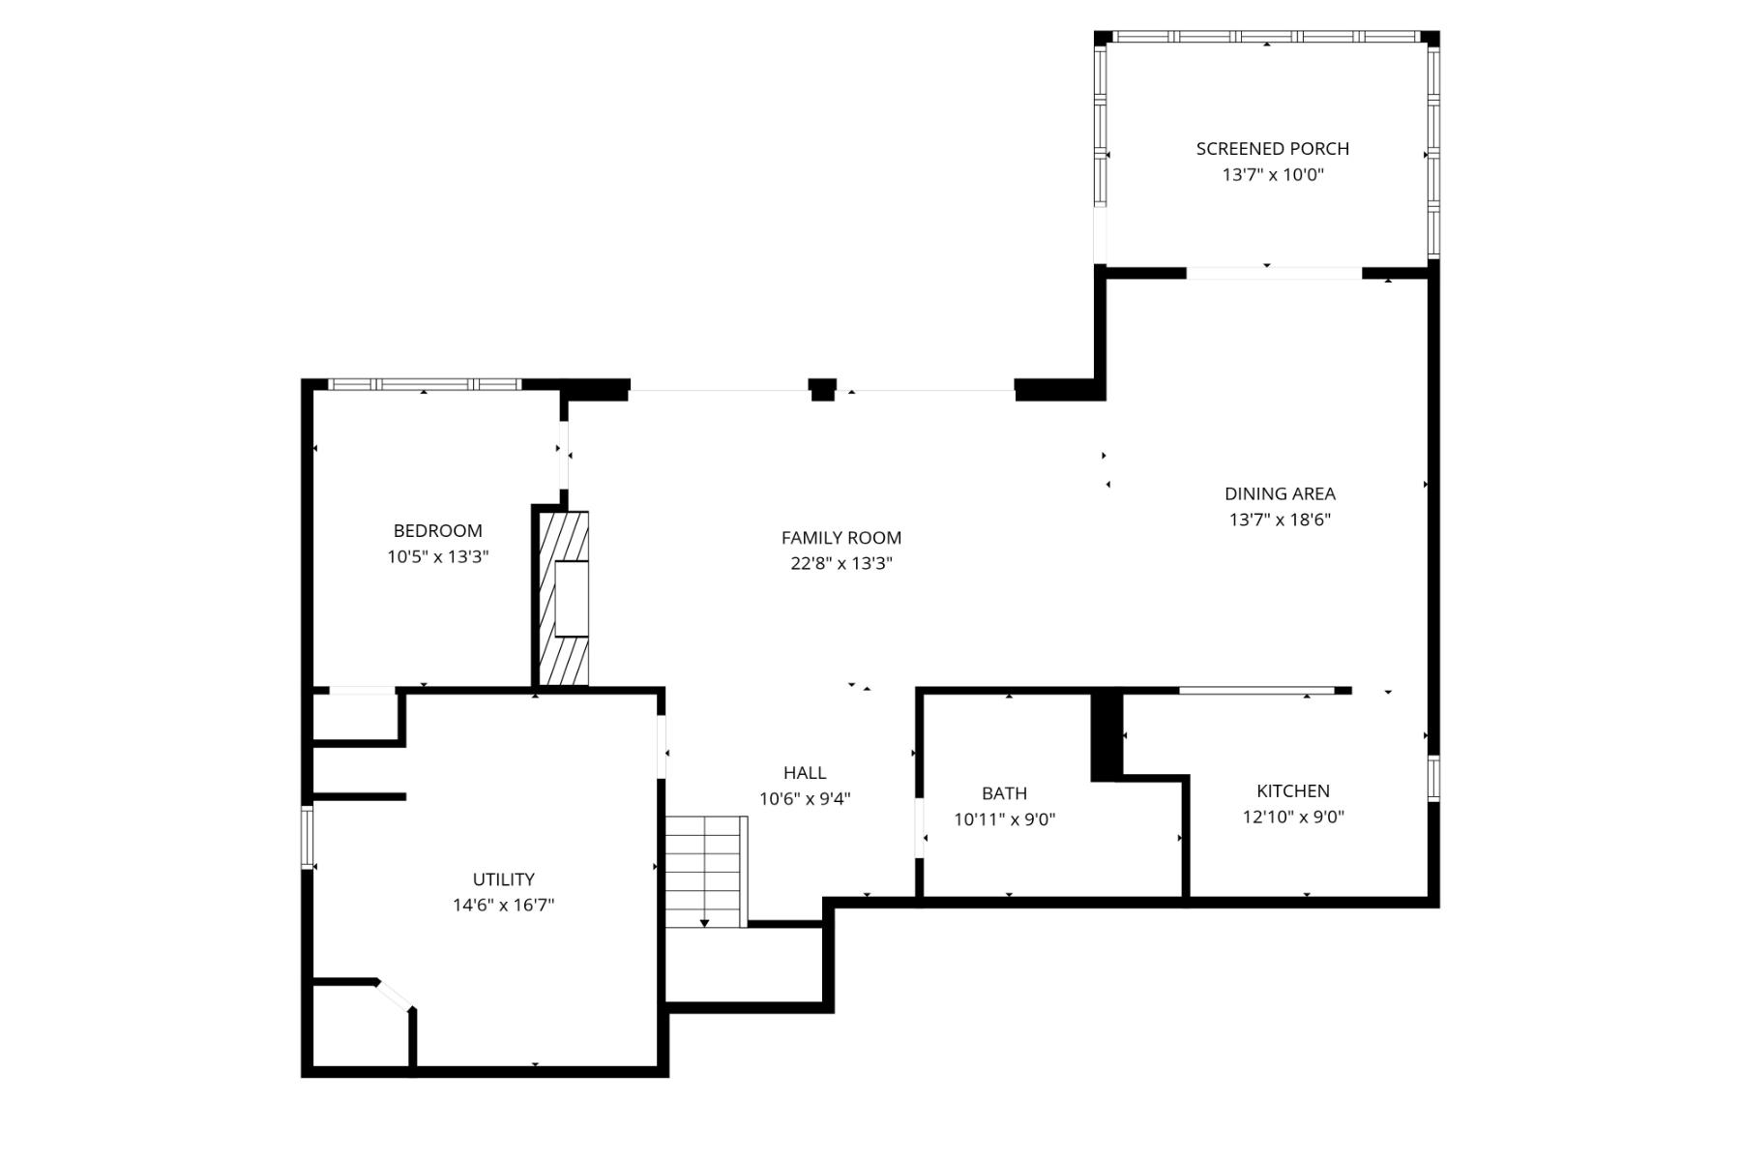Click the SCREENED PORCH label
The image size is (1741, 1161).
coord(1272,148)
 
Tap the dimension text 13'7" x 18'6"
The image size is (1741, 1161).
coord(1280,520)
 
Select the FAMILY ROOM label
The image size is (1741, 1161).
coord(841,537)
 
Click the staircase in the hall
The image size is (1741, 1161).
coord(705,871)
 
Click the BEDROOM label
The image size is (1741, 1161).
coord(437,530)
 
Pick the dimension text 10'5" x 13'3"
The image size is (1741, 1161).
coord(437,556)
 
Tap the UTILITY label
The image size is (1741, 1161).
coord(503,878)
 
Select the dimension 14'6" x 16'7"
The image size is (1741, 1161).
coord(503,905)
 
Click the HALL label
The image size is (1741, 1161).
coord(805,772)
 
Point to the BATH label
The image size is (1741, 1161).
coord(1004,793)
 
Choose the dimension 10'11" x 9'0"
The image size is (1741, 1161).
coord(1004,819)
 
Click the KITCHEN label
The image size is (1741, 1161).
coord(1292,790)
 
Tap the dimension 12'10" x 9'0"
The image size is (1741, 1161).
coord(1292,817)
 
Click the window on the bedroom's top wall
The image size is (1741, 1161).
coord(425,384)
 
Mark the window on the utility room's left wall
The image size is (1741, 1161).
coord(308,837)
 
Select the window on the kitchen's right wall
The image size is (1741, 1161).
coord(1433,778)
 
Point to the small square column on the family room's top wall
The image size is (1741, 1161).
coord(822,389)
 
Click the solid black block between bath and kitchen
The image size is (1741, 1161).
coord(1107,735)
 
